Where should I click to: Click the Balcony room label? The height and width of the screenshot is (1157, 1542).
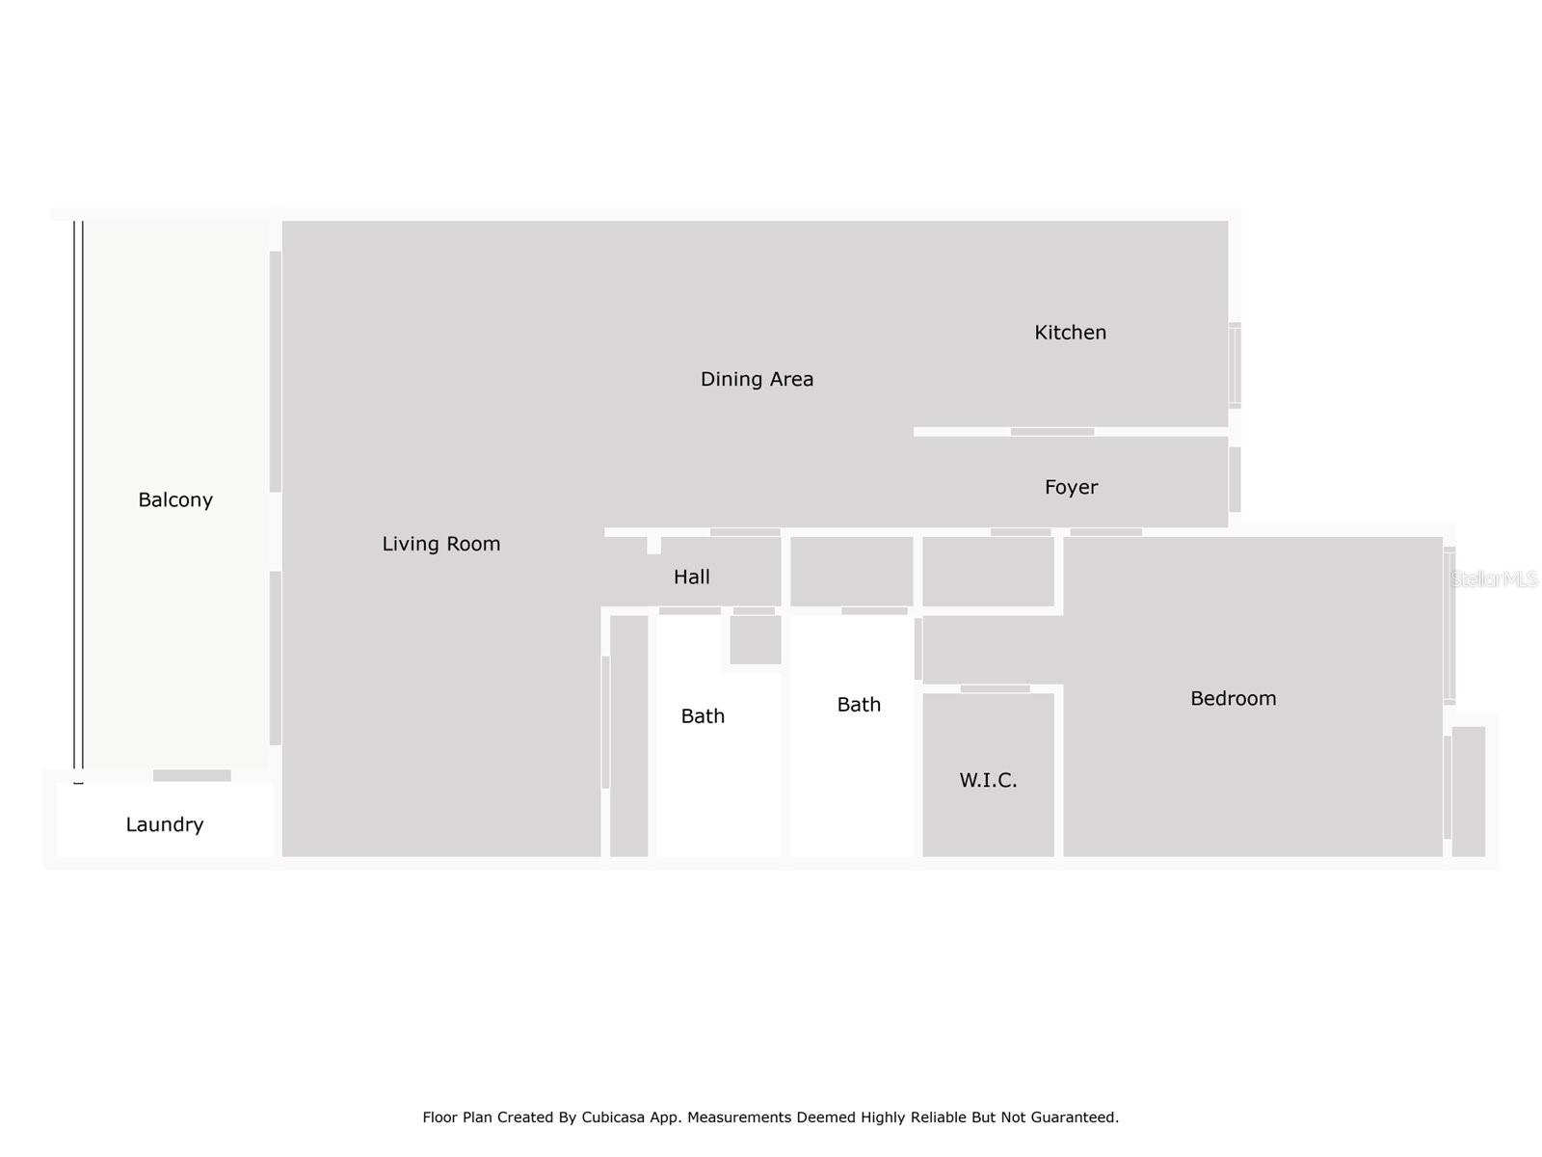pos(175,499)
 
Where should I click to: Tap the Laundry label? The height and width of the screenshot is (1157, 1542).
pos(165,824)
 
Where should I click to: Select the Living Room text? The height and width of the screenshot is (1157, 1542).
pos(441,544)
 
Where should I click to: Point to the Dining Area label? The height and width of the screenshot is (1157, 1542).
pos(757,379)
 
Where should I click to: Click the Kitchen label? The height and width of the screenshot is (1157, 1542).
pos(1070,333)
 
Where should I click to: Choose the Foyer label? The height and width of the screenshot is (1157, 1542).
pos(1071,487)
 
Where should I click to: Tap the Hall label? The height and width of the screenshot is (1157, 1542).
pos(691,577)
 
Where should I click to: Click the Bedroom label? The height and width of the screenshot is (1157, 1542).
pos(1233,698)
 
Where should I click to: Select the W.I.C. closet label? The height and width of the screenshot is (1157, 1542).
pos(988,780)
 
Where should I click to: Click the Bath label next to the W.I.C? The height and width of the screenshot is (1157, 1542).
pos(859,705)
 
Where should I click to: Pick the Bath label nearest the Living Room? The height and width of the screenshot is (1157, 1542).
pos(703,716)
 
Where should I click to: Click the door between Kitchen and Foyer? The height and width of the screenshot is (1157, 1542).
pos(1051,432)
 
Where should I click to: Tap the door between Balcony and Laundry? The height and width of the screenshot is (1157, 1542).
pos(192,776)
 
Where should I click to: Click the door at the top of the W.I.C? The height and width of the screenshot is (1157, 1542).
pos(995,688)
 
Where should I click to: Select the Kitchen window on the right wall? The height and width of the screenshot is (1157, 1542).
pos(1235,365)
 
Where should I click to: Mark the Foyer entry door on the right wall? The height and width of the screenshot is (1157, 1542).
pos(1235,479)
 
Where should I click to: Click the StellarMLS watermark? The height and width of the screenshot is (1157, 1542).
pos(1494,578)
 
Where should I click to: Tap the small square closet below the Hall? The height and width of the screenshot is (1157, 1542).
pos(755,639)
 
